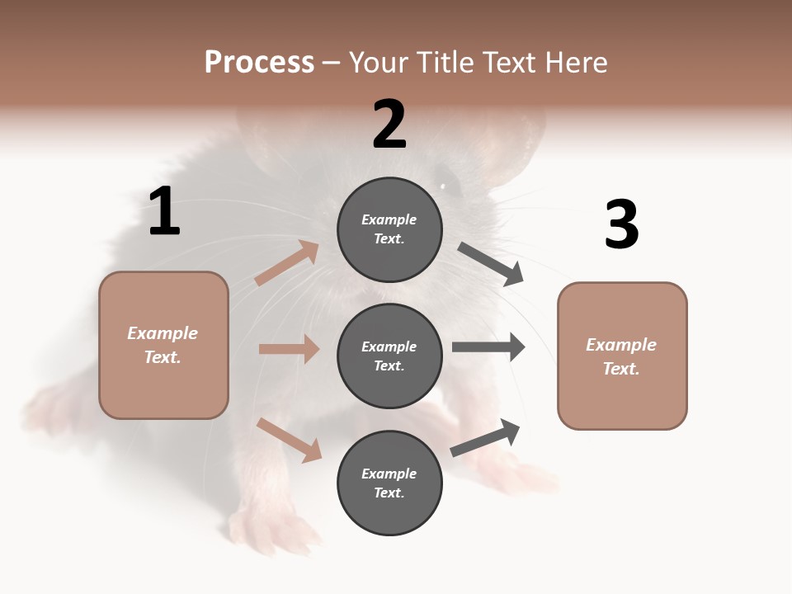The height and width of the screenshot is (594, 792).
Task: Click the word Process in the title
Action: tap(259, 62)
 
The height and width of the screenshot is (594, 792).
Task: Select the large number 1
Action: tap(164, 211)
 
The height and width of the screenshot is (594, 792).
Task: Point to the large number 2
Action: tap(389, 125)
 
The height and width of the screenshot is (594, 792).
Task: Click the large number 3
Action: tap(621, 224)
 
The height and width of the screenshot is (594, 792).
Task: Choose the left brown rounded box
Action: tap(163, 345)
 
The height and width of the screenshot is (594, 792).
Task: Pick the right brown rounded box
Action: tap(622, 356)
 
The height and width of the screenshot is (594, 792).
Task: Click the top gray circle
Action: tap(389, 229)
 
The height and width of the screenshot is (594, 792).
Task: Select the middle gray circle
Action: tap(389, 356)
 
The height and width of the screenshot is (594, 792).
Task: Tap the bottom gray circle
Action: tap(389, 483)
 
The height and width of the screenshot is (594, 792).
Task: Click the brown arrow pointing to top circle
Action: tap(287, 263)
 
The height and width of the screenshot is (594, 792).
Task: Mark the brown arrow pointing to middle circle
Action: tap(289, 349)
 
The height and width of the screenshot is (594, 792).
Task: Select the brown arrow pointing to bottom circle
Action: tap(290, 440)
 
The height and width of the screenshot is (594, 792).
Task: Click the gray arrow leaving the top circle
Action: tap(491, 264)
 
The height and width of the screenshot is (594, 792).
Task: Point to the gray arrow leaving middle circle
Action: tap(488, 346)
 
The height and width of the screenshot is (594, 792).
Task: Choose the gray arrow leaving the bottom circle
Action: tap(485, 437)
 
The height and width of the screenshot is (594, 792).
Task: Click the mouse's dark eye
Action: tap(444, 185)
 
